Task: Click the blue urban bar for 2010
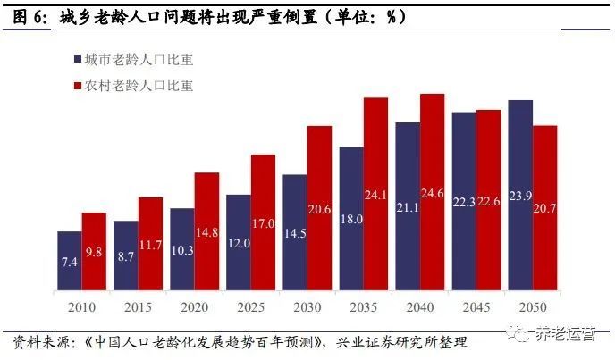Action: [x=69, y=261]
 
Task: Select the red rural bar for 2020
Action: [x=206, y=231]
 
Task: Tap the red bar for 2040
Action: [x=433, y=192]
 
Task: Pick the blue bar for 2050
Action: [x=519, y=196]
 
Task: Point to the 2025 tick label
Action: [x=250, y=306]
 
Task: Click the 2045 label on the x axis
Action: [x=476, y=306]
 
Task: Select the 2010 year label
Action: [x=81, y=306]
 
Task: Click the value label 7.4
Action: [x=70, y=263]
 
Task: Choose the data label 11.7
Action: [x=150, y=246]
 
